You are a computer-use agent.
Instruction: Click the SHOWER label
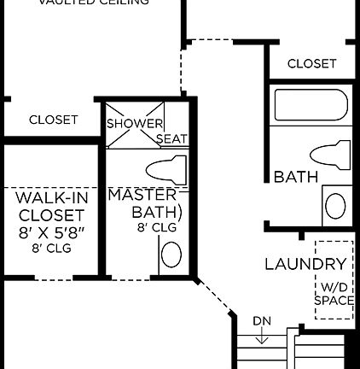(x=134, y=124)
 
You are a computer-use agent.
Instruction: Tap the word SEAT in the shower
(x=171, y=138)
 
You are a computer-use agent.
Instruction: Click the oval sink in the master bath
(x=171, y=255)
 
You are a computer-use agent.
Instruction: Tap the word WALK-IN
(x=51, y=198)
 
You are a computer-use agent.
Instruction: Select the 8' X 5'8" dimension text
(x=51, y=231)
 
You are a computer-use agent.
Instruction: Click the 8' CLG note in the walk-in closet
(x=51, y=249)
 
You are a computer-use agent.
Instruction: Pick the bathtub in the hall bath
(x=311, y=107)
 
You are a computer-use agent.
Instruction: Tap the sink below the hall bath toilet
(x=335, y=206)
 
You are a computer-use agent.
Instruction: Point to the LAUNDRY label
(x=305, y=264)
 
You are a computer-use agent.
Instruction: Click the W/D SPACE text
(x=334, y=294)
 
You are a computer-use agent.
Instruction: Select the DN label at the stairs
(x=262, y=321)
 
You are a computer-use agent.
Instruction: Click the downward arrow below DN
(x=262, y=337)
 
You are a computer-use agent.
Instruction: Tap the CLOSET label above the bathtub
(x=311, y=63)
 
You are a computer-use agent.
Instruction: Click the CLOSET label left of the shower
(x=53, y=120)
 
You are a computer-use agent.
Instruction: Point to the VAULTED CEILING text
(x=94, y=3)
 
